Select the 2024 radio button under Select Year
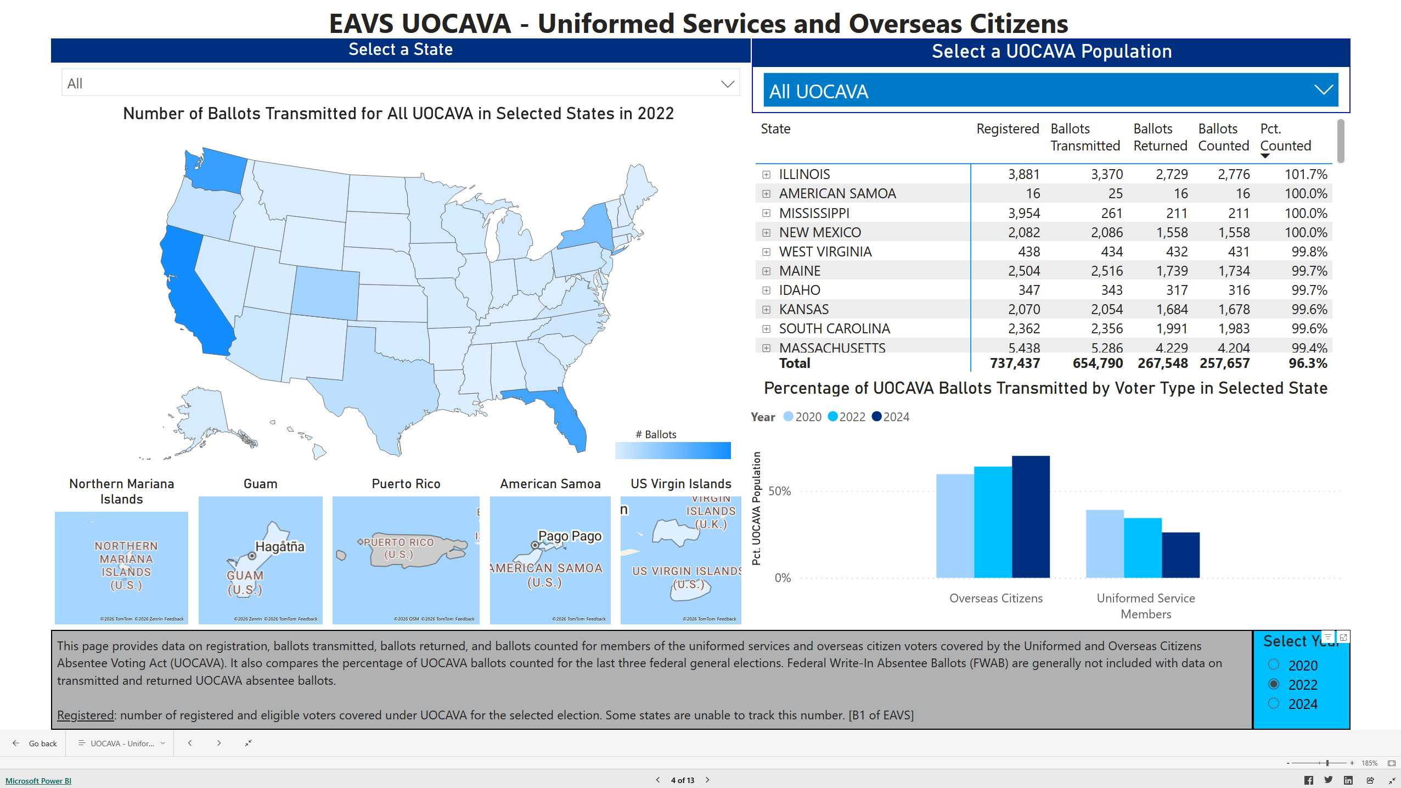pyautogui.click(x=1274, y=703)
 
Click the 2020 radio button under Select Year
pyautogui.click(x=1274, y=665)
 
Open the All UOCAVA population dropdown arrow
pyautogui.click(x=1323, y=90)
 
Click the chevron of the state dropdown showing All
pyautogui.click(x=727, y=84)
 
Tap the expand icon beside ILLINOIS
pyautogui.click(x=766, y=175)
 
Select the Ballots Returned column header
pyautogui.click(x=1160, y=137)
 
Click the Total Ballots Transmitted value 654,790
pyautogui.click(x=1098, y=363)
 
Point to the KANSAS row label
pyautogui.click(x=803, y=309)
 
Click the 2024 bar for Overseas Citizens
pyautogui.click(x=1030, y=516)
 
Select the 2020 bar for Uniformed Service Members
pyautogui.click(x=1104, y=544)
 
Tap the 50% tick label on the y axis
pyautogui.click(x=779, y=491)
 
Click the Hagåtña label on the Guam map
pyautogui.click(x=279, y=546)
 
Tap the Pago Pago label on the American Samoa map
pyautogui.click(x=570, y=536)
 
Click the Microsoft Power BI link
pyautogui.click(x=38, y=780)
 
